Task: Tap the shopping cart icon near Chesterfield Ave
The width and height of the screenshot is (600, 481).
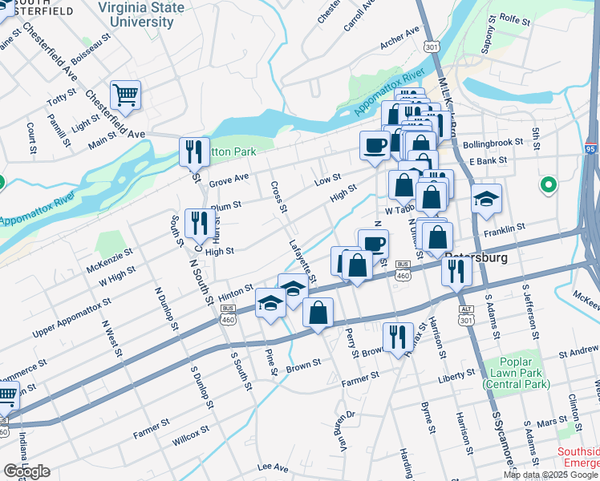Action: coord(125,96)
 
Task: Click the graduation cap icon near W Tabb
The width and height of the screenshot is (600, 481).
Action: coord(486,199)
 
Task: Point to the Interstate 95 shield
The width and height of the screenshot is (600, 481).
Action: coord(592,148)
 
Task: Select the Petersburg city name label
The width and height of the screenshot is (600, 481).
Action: coord(476,258)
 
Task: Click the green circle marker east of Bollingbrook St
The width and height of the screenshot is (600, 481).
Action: coord(549,185)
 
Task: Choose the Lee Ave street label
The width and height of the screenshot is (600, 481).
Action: coord(273,467)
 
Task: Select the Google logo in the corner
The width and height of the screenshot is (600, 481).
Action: coord(26,471)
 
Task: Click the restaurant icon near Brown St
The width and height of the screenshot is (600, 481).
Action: coord(396,337)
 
